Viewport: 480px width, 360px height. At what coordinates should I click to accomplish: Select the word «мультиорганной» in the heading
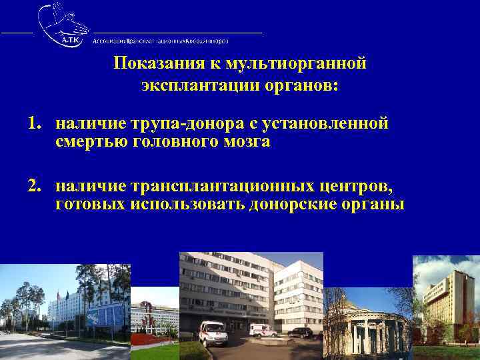pyautogui.click(x=297, y=64)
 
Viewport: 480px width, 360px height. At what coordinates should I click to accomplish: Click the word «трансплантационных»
pyautogui.click(x=220, y=185)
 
